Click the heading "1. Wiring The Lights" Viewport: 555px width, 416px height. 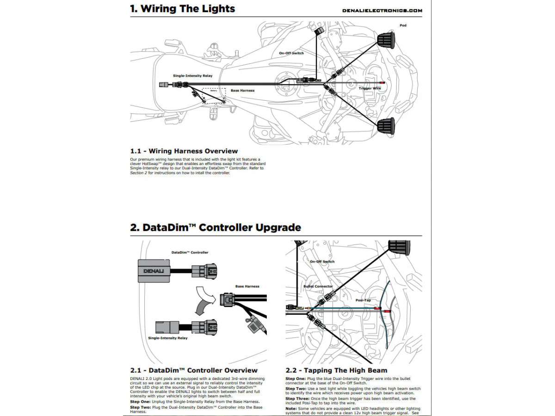pyautogui.click(x=183, y=8)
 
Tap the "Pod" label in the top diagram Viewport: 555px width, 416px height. pyautogui.click(x=403, y=25)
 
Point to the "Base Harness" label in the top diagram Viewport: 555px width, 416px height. pyautogui.click(x=242, y=91)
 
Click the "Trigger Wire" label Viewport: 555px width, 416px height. pyautogui.click(x=370, y=88)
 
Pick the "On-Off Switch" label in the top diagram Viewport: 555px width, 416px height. pyautogui.click(x=291, y=53)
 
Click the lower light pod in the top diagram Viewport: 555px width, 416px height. pyautogui.click(x=386, y=126)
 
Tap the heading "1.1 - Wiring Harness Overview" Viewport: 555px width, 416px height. pyautogui.click(x=184, y=151)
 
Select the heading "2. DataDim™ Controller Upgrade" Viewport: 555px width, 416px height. pyautogui.click(x=216, y=227)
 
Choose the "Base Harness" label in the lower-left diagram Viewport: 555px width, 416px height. pyautogui.click(x=247, y=286)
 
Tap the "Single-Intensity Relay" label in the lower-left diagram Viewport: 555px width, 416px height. pyautogui.click(x=167, y=338)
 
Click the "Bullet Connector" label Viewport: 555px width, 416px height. pyautogui.click(x=318, y=286)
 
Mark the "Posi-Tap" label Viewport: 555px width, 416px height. pyautogui.click(x=364, y=300)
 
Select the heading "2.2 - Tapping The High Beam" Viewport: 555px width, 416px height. pyautogui.click(x=336, y=370)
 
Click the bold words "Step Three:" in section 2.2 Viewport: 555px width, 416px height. pyautogui.click(x=297, y=398)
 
